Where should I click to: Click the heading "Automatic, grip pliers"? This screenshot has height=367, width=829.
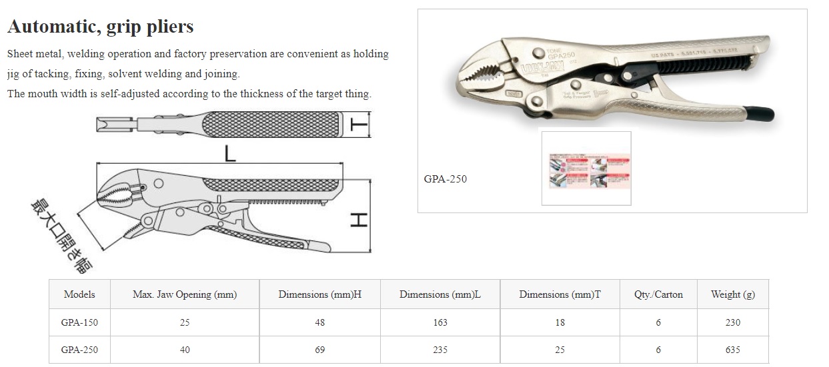pos(100,26)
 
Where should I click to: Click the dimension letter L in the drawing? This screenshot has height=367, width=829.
pos(229,155)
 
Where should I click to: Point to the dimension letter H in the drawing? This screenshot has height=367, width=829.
pos(359,219)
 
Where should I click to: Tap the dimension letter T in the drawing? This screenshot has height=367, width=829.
pos(359,123)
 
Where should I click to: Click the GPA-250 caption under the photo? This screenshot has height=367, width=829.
pos(446,179)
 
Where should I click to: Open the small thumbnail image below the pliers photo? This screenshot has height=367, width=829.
pos(586,169)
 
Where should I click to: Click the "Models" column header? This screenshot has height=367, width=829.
pos(79,294)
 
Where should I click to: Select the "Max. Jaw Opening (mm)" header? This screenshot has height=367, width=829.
pos(185,294)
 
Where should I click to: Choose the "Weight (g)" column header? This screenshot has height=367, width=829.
pos(732,294)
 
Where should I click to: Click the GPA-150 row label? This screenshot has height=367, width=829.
pos(79,322)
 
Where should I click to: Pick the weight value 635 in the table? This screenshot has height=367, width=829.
pos(732,350)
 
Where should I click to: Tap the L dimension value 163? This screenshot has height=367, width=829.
pos(440,322)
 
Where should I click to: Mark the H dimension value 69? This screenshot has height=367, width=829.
pos(319,350)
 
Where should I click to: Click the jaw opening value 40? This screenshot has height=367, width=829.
pos(185,350)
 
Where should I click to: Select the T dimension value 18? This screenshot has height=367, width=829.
pos(560,322)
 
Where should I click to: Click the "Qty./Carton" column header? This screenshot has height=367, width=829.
pos(658,294)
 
